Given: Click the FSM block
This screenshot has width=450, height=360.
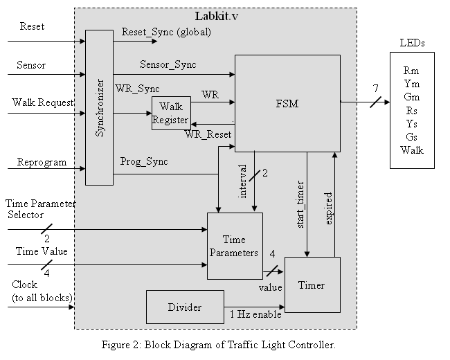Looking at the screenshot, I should click(287, 102).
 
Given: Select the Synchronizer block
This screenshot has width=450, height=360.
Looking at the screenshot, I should click(99, 107).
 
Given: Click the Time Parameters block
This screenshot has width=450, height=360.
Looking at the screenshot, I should click(235, 245).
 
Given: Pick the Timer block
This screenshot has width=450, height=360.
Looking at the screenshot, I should click(312, 285).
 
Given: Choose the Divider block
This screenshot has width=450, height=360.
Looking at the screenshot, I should click(185, 307).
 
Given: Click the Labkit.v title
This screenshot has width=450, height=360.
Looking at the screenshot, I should click(215, 15).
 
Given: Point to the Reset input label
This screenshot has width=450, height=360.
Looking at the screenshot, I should click(32, 27).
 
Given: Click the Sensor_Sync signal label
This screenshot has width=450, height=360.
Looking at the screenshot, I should click(168, 64).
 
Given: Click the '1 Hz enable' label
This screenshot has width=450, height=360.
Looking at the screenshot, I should click(256, 315).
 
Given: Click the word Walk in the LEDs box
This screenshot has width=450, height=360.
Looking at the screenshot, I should click(412, 150).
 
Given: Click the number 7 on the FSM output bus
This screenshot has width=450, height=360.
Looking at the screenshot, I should click(376, 88).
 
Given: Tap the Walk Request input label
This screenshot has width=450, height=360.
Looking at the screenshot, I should click(43, 102).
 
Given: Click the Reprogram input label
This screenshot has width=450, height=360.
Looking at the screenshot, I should click(42, 162).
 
